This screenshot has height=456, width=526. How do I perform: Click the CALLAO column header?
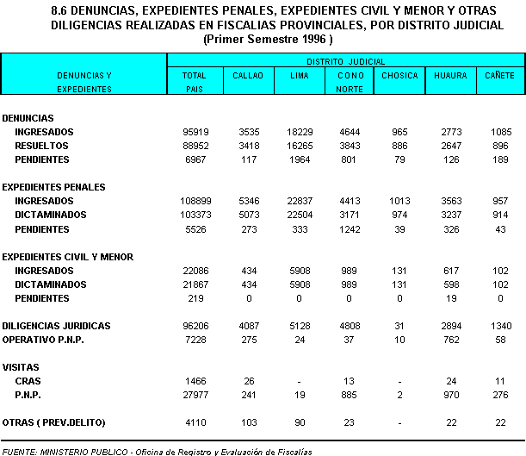click(x=243, y=76)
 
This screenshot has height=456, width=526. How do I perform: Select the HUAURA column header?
click(x=449, y=76)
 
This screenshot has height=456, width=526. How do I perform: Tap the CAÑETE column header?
click(x=499, y=76)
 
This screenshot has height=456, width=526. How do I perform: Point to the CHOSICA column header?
click(x=399, y=76)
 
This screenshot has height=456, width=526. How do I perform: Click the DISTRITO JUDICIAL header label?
click(x=346, y=62)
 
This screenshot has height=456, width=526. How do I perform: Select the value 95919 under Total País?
click(x=193, y=132)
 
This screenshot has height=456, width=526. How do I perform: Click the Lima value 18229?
click(x=294, y=132)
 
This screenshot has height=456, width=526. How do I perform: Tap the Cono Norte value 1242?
click(x=349, y=229)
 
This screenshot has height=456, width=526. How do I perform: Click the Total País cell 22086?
click(x=193, y=271)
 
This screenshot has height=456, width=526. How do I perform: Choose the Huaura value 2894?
click(x=449, y=327)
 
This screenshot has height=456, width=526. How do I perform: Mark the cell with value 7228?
click(x=195, y=340)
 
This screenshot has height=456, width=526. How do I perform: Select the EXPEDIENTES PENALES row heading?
click(x=54, y=187)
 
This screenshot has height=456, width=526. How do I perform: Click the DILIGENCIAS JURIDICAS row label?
click(x=57, y=327)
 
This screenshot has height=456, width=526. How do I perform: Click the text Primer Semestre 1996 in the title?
click(x=266, y=39)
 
